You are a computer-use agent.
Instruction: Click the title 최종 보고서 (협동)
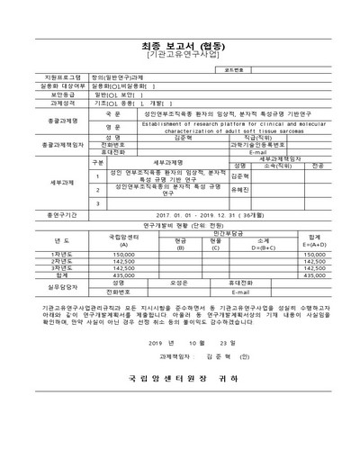[x=179, y=42]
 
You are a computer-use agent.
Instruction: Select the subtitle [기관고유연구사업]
[x=179, y=55]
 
